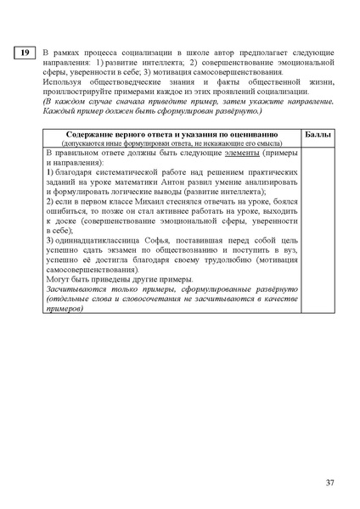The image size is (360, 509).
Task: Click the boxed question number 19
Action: point(25,53)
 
